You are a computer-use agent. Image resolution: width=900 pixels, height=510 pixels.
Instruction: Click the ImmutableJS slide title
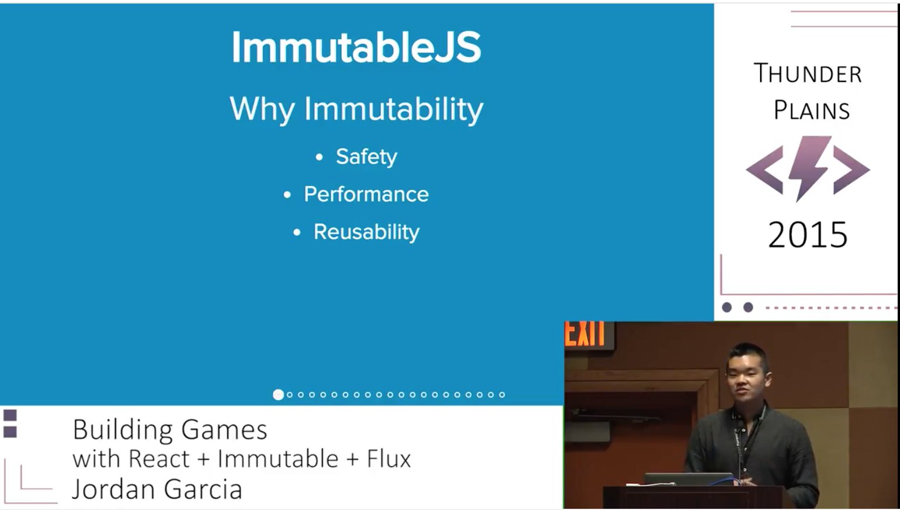(x=356, y=47)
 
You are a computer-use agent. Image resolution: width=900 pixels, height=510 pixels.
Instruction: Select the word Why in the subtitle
(x=262, y=109)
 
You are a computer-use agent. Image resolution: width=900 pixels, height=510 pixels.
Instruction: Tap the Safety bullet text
(x=366, y=156)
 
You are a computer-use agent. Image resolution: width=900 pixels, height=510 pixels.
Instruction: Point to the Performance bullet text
(x=366, y=194)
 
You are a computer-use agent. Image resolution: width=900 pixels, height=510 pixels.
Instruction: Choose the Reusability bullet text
(x=366, y=232)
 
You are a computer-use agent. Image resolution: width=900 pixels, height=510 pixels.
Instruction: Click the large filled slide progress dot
(x=278, y=395)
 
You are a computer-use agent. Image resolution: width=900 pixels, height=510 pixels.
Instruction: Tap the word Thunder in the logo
(x=808, y=73)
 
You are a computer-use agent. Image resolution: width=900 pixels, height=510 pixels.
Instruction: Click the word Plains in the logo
(x=812, y=109)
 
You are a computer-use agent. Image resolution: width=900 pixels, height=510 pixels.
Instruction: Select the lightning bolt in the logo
(x=809, y=168)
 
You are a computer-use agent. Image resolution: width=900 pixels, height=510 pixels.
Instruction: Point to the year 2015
(x=808, y=235)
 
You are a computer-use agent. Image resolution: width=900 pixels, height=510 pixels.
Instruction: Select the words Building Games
(x=170, y=430)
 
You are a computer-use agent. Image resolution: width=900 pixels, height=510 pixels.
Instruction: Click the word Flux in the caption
(x=389, y=459)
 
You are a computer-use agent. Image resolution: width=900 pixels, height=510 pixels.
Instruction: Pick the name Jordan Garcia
(x=157, y=489)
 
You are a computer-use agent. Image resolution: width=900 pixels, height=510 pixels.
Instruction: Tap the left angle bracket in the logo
(x=764, y=170)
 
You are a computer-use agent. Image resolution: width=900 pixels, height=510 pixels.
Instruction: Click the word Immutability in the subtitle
(x=394, y=109)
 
